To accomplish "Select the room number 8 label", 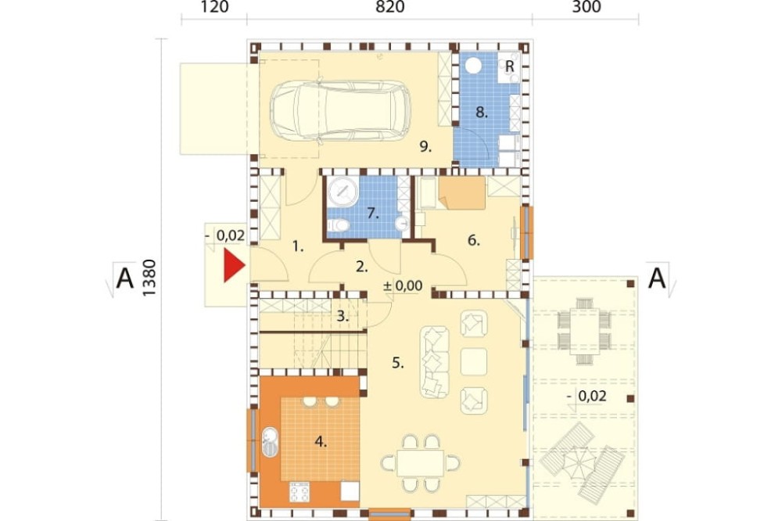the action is tap(481, 113).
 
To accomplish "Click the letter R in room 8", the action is tap(509, 66).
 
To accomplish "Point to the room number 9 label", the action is tap(425, 147).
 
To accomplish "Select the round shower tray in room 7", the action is tap(343, 192).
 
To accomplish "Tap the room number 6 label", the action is tap(473, 240).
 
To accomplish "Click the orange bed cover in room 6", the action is tap(462, 193).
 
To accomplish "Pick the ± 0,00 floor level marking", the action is tap(403, 286).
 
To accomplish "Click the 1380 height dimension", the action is tap(149, 278).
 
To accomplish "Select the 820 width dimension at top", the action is tap(390, 7).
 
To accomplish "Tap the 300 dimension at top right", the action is tap(586, 7).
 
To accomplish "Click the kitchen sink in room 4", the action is tap(270, 442).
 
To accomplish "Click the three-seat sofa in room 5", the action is tap(434, 361).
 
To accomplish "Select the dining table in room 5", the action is tap(421, 463).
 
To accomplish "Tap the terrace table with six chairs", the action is tap(584, 332).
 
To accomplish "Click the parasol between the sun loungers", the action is tap(579, 464).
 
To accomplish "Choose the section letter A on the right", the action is tap(656, 278).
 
